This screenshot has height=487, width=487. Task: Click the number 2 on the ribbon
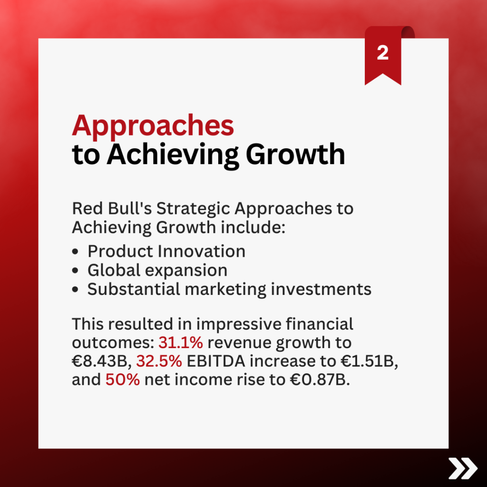pyautogui.click(x=383, y=53)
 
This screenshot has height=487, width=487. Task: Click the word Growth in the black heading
pyautogui.click(x=295, y=154)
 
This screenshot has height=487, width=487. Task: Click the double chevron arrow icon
pyautogui.click(x=463, y=468)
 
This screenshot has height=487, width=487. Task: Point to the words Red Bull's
pyautogui.click(x=112, y=208)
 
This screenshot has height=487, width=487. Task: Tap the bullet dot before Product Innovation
pyautogui.click(x=75, y=251)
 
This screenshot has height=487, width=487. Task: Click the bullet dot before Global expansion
pyautogui.click(x=75, y=270)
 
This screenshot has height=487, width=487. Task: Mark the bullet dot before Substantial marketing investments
pyautogui.click(x=75, y=290)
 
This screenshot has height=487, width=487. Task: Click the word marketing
pyautogui.click(x=225, y=290)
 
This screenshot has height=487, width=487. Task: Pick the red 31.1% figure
pyautogui.click(x=181, y=342)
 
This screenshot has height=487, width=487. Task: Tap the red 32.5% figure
pyautogui.click(x=159, y=361)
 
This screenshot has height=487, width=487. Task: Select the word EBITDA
pyautogui.click(x=216, y=361)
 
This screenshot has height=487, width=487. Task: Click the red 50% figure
pyautogui.click(x=123, y=380)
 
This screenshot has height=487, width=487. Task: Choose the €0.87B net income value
pyautogui.click(x=320, y=380)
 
